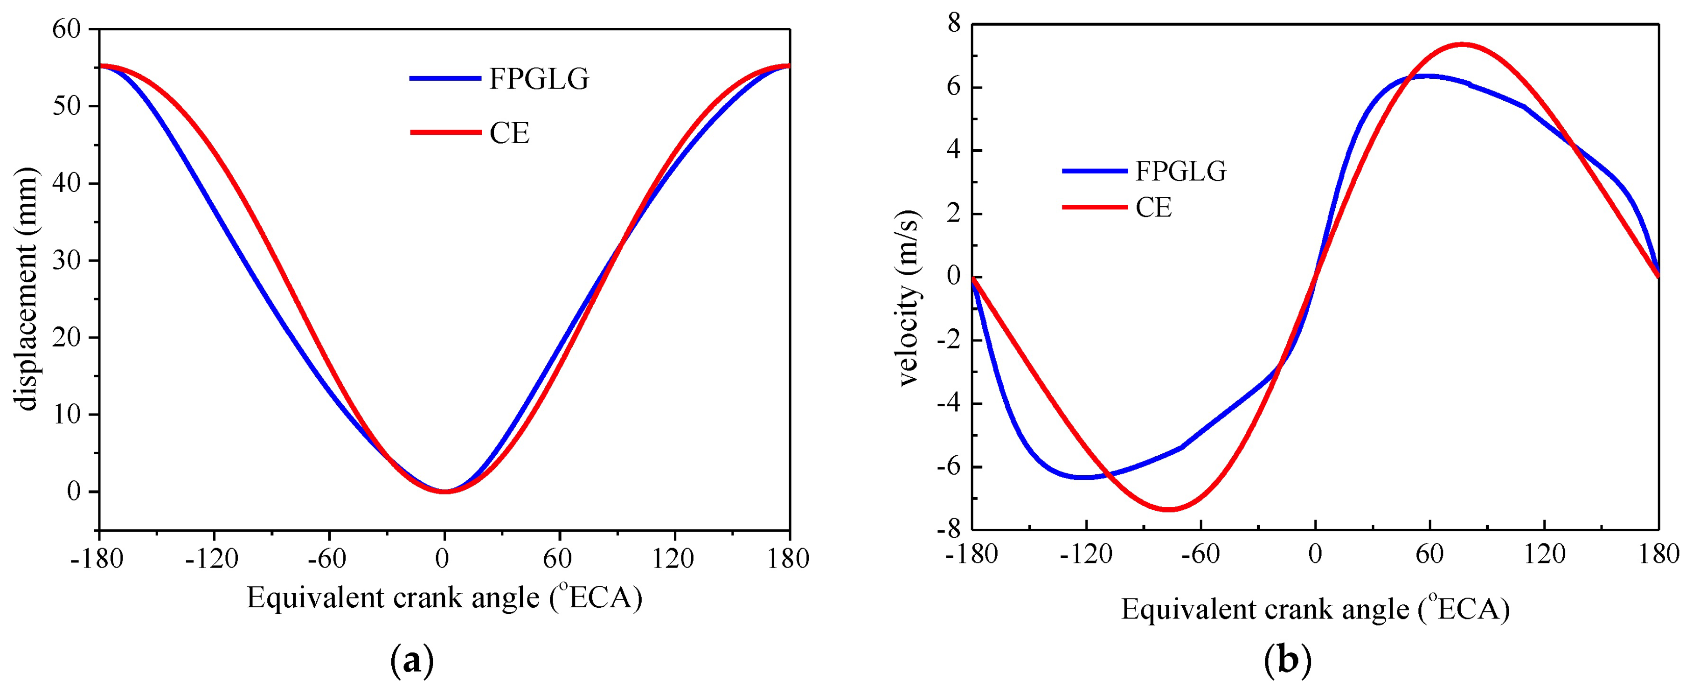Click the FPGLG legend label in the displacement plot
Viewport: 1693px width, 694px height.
(539, 79)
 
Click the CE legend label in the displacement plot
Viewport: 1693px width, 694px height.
(509, 133)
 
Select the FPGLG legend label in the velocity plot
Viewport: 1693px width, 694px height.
(1181, 172)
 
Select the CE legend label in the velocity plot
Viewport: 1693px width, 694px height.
(1153, 208)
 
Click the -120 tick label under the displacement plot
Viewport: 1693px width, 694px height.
(212, 559)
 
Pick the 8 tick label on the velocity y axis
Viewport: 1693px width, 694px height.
(953, 24)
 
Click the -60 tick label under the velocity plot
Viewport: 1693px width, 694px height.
(1200, 555)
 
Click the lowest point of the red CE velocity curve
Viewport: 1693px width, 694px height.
(1168, 509)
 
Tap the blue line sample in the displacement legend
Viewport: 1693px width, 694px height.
(445, 79)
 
